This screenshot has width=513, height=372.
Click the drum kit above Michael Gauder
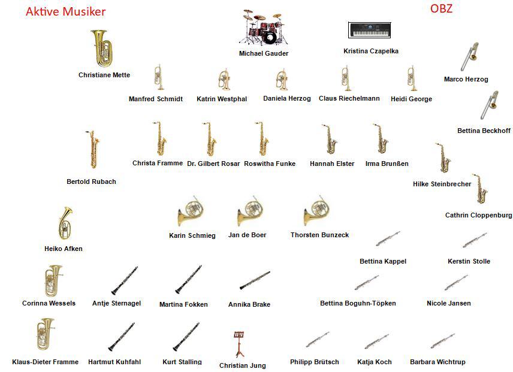263,28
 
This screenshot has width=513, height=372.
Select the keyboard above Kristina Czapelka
370,30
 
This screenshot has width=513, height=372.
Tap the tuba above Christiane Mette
102,49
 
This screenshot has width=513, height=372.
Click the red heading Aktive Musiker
66,11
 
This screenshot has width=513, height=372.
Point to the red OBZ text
441,8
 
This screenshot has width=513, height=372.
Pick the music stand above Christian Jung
239,344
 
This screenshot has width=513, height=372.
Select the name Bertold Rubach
91,182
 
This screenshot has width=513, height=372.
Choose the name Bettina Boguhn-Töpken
358,303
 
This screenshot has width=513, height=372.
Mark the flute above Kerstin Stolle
475,241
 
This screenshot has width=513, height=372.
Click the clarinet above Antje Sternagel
125,280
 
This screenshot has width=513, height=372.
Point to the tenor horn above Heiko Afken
64,223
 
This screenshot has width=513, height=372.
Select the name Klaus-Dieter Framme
46,362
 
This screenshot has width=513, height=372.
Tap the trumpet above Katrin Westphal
223,80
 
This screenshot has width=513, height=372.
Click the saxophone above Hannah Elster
331,140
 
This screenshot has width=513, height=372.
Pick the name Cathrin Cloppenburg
478,215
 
